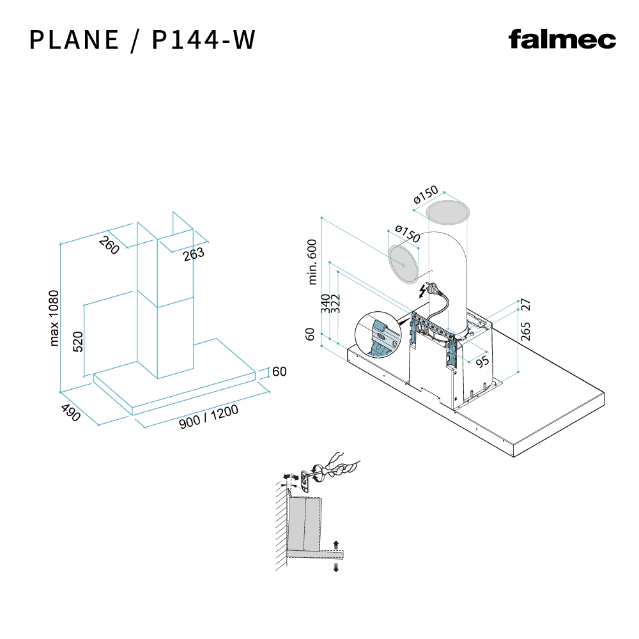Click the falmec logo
click(x=562, y=40)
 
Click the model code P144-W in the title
click(x=204, y=40)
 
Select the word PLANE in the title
click(x=74, y=40)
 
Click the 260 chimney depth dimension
click(x=109, y=245)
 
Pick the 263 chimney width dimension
click(x=193, y=253)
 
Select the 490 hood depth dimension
click(x=71, y=413)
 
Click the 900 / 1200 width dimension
click(x=208, y=417)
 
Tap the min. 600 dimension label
click(x=312, y=261)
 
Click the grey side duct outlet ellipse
click(x=404, y=263)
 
